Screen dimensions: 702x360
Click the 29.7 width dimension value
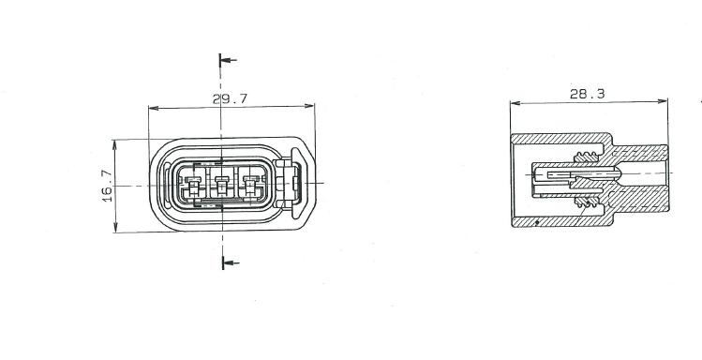click(230, 99)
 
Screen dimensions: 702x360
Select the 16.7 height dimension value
click(108, 186)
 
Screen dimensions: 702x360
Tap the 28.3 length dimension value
click(587, 94)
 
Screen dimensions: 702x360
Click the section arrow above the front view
click(228, 60)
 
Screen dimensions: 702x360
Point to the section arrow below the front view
click(231, 262)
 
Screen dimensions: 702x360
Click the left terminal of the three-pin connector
click(193, 185)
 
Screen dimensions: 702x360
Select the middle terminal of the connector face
click(222, 185)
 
